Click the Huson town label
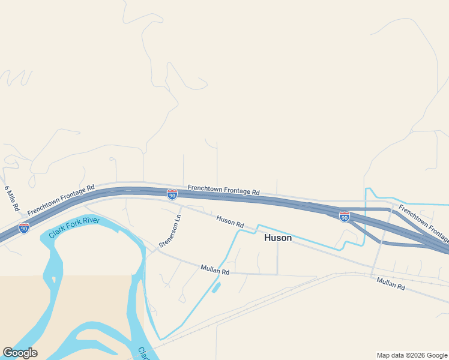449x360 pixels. [x=278, y=238]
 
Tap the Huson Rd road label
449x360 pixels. [x=230, y=221]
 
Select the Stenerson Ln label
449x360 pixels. [x=170, y=230]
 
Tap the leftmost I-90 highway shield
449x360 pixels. [x=24, y=228]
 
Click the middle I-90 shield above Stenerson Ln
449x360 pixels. [x=172, y=194]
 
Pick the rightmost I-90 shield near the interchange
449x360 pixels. [x=345, y=217]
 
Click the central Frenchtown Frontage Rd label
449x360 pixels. [x=223, y=190]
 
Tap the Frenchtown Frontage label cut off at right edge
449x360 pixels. [x=423, y=223]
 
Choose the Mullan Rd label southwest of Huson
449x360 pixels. [x=215, y=271]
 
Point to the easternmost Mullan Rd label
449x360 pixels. [x=391, y=284]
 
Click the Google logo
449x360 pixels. [x=20, y=353]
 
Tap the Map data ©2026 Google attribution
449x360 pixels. [x=412, y=355]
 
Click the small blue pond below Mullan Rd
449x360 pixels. [x=215, y=287]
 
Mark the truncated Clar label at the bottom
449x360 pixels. [x=143, y=353]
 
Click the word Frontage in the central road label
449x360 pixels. [x=237, y=191]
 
